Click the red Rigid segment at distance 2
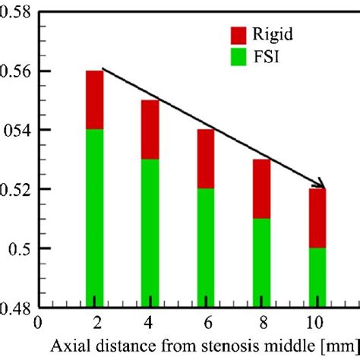pyautogui.click(x=94, y=99)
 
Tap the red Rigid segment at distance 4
pyautogui.click(x=150, y=129)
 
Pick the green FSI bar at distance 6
pyautogui.click(x=206, y=247)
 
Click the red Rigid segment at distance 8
pyautogui.click(x=261, y=188)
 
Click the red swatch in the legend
pyautogui.click(x=238, y=35)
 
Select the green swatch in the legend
pyautogui.click(x=238, y=56)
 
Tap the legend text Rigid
pyautogui.click(x=276, y=35)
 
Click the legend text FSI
pyautogui.click(x=269, y=57)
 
